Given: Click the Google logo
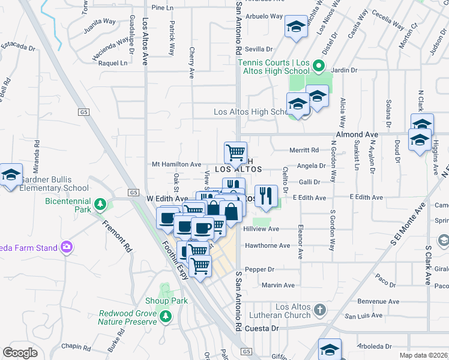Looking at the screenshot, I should [x=20, y=352].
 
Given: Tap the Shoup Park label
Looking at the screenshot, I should [x=166, y=301].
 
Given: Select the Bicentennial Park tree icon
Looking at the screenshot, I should [x=101, y=205].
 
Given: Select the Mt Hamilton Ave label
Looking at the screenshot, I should [x=176, y=164].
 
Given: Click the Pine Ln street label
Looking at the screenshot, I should [x=161, y=8].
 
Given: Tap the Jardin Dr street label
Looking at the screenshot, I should [x=344, y=70].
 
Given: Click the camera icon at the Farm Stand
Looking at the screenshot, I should [x=66, y=247].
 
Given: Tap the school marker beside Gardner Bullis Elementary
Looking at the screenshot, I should [x=10, y=175].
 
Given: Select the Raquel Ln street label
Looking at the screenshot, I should [x=113, y=62].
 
